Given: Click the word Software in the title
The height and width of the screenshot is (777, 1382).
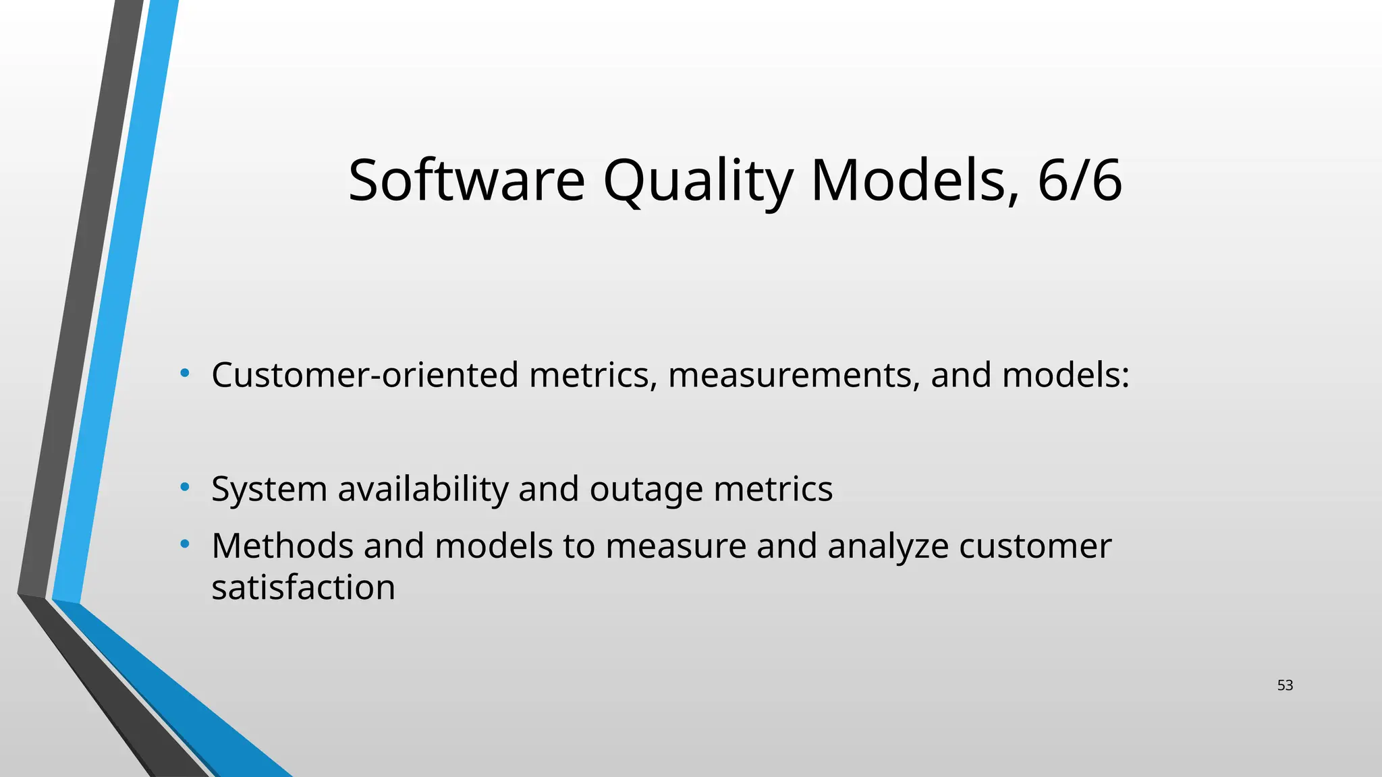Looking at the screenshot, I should [x=466, y=180].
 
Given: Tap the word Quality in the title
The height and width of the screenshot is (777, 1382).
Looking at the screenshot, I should [x=698, y=180].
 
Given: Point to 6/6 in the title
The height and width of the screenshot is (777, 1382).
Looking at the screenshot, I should [x=1080, y=180].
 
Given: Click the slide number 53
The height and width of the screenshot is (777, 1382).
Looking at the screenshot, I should [x=1285, y=685].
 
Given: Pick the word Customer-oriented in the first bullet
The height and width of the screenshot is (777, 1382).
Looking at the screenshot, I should [x=364, y=375].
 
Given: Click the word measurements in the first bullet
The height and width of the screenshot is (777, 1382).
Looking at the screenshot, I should [x=794, y=375].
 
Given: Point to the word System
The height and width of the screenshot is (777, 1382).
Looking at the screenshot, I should [x=269, y=489].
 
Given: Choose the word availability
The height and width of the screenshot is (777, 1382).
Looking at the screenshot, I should [x=423, y=489].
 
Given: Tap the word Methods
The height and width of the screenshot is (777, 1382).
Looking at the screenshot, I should [x=282, y=546].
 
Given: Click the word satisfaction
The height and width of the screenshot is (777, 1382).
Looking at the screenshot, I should [x=303, y=587].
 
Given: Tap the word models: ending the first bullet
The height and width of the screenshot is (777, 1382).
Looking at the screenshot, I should [x=1066, y=375].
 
